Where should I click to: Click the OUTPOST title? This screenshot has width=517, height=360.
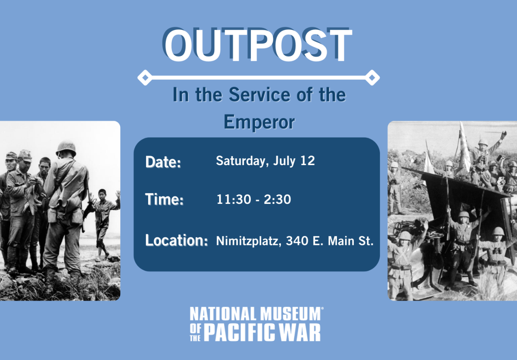point(257,45)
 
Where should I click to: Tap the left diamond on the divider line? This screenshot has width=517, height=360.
point(145,78)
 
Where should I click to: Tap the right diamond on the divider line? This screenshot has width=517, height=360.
point(372,78)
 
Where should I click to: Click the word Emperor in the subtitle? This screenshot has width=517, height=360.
point(259,122)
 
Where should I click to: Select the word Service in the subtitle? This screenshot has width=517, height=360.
point(259,94)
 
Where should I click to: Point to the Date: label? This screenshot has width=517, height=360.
point(163,162)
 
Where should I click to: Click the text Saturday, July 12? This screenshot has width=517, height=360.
point(265,161)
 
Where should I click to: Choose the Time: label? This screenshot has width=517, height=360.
point(164,199)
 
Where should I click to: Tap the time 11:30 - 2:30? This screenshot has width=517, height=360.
point(254,199)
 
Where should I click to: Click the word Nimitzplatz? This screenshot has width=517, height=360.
point(249,241)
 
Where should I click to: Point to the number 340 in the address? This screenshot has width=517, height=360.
point(297,241)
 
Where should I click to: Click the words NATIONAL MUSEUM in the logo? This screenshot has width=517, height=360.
point(255,314)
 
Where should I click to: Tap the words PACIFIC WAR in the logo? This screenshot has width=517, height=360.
point(262,332)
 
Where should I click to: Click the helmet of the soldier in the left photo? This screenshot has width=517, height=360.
point(66,149)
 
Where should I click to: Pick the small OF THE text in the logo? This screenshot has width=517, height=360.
point(195,333)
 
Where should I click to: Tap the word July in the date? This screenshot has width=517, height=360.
point(284,161)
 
